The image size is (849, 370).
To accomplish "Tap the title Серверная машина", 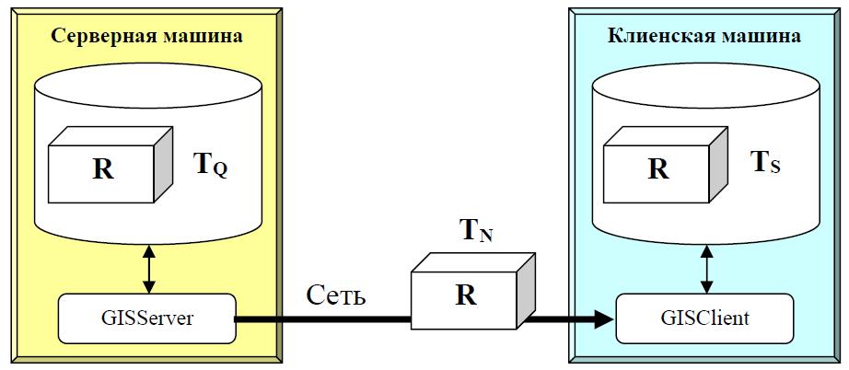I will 147,36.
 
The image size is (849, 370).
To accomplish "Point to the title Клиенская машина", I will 704,36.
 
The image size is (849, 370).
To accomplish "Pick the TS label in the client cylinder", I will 769,163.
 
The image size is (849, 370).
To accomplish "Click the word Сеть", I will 337,296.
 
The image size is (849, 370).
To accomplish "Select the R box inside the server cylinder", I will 103,170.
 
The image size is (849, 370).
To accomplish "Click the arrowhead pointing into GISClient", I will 603,319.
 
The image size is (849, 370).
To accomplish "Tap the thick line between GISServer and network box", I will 322,319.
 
